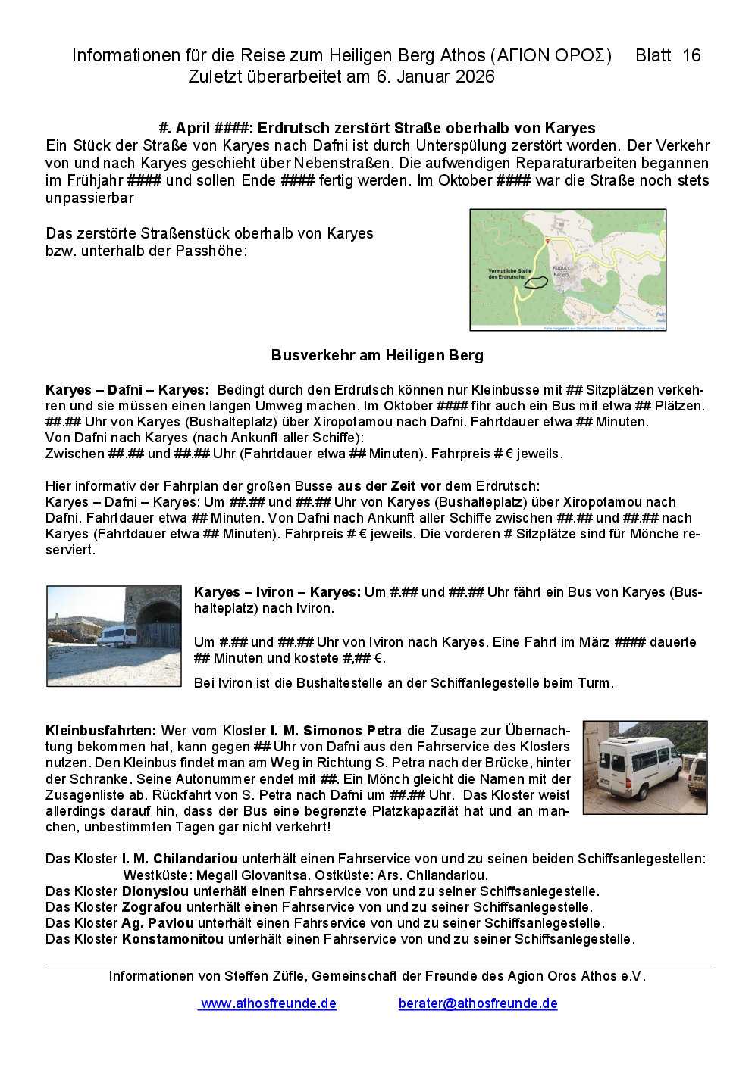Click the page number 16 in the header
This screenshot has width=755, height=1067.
(691, 55)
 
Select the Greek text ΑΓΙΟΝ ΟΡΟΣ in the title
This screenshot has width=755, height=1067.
(551, 55)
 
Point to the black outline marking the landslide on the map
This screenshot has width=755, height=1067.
(537, 282)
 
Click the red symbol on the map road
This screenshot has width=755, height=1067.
(547, 240)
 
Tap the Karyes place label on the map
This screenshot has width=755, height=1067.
(562, 271)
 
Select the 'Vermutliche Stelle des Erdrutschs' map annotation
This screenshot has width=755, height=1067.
(510, 273)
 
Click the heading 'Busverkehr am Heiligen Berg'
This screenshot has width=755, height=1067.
(377, 355)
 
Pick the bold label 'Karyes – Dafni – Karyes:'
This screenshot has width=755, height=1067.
(127, 390)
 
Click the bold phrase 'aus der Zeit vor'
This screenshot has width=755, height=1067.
(389, 486)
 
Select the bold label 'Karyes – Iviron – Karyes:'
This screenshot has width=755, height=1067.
(277, 592)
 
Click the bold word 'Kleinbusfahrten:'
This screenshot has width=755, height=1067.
(101, 731)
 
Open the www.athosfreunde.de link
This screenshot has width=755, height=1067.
(268, 1003)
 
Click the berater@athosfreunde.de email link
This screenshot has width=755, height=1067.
(478, 1003)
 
